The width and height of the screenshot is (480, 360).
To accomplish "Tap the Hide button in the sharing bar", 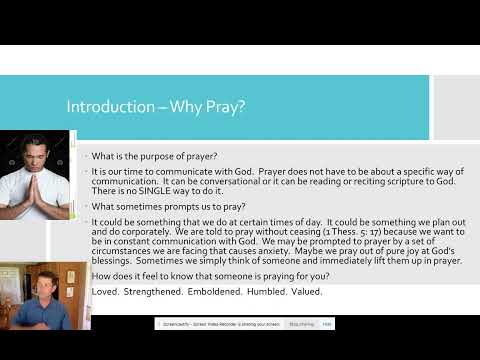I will (328, 324).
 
